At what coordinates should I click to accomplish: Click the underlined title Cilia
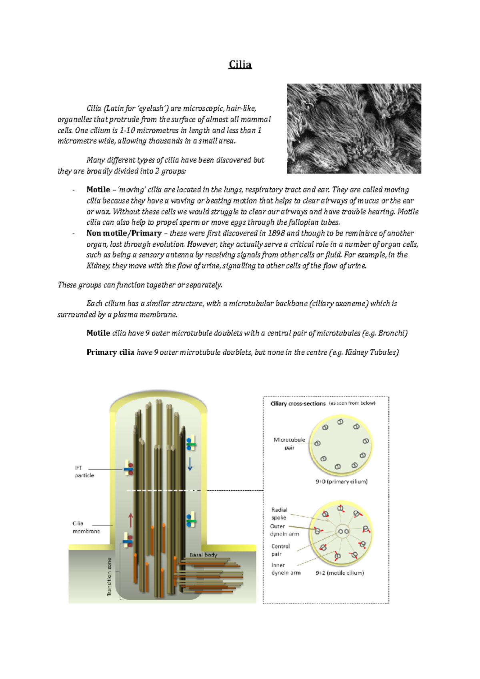pos(240,65)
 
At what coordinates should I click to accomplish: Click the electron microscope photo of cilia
pos(354,128)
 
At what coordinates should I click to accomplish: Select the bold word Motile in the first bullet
pos(98,190)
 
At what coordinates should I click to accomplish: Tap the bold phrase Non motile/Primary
pos(124,233)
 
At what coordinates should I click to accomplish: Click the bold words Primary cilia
pos(110,352)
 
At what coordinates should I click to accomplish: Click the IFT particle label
pos(84,471)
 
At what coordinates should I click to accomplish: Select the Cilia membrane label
pos(86,527)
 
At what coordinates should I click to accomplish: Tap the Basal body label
pos(203,555)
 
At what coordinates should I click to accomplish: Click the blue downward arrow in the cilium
pos(190,464)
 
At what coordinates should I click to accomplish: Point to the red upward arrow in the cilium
pos(131,520)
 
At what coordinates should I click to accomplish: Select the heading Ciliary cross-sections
pos(298,403)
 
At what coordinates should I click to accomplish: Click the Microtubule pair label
pos(289,443)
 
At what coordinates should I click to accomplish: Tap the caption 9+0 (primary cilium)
pos(341,481)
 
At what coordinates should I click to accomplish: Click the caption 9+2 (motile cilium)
pos(340,573)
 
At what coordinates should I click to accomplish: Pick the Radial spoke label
pos(279,513)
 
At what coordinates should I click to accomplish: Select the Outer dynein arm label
pos(284,530)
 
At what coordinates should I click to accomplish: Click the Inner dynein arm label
pos(286,569)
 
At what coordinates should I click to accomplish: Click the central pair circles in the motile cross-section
pos(344,531)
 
